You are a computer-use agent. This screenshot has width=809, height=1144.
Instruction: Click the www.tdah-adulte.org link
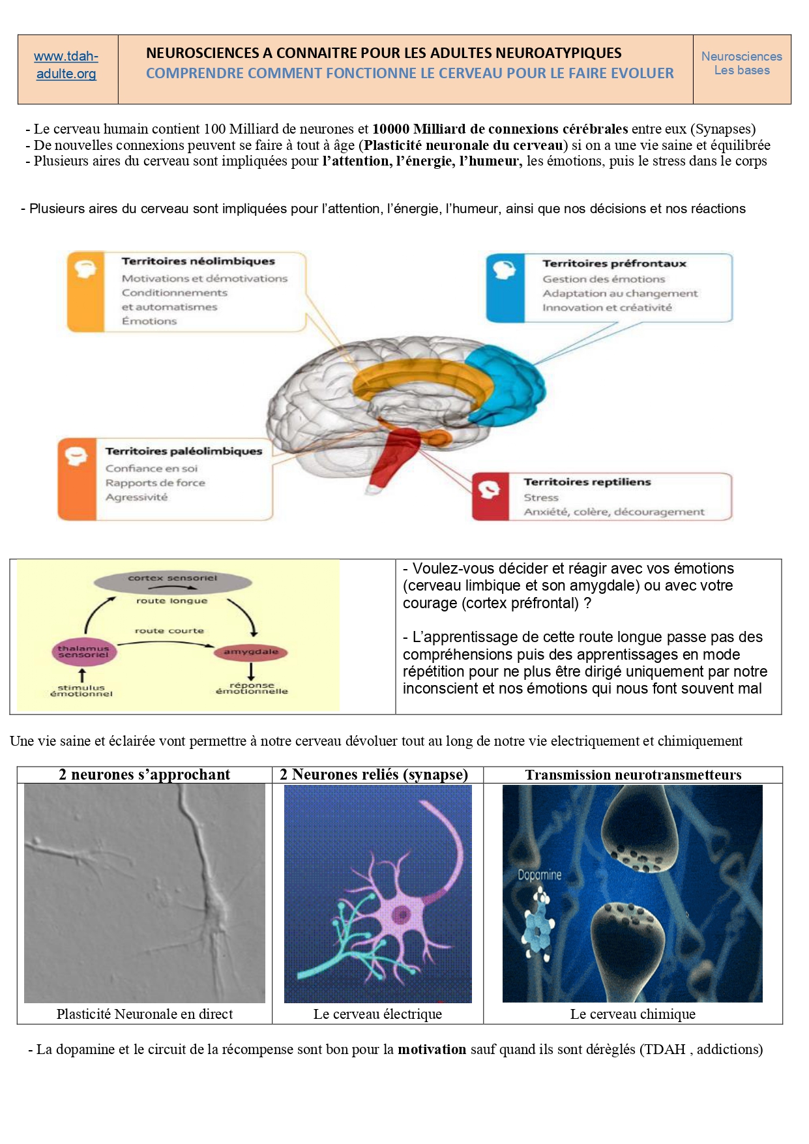(x=66, y=65)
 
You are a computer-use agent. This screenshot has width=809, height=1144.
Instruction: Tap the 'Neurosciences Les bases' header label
(x=741, y=63)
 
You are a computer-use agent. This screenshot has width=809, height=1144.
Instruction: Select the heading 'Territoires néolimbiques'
(x=198, y=261)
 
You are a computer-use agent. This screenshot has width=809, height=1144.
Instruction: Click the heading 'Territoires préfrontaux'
(x=614, y=263)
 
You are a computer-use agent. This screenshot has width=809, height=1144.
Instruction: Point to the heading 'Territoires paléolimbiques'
(x=184, y=451)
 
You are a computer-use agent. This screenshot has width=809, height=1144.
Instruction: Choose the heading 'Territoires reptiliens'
(x=587, y=482)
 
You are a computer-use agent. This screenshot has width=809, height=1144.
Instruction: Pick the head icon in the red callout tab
(x=489, y=489)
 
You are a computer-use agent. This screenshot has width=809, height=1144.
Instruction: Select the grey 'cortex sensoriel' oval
(x=172, y=579)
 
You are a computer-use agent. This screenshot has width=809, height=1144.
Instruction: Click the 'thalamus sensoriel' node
(x=83, y=651)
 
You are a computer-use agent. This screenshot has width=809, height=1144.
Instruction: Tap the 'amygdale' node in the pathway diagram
(x=251, y=652)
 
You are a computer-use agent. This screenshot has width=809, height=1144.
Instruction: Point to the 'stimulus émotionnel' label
(x=81, y=690)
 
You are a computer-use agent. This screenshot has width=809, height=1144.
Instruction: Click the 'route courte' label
(x=169, y=630)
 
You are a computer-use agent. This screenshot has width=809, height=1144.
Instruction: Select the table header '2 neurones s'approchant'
(x=144, y=774)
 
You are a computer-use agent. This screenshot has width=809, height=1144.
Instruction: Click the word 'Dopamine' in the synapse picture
(x=539, y=875)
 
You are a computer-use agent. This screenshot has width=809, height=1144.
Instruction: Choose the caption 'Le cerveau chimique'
(x=632, y=1014)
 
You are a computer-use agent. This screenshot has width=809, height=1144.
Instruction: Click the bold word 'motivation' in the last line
(x=432, y=1049)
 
